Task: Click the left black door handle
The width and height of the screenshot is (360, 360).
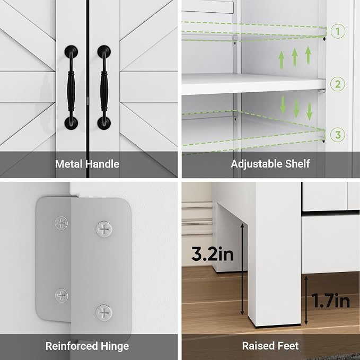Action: tap(71, 87)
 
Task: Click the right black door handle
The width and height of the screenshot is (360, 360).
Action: tap(104, 87)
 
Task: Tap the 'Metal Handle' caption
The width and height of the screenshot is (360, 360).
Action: tap(87, 164)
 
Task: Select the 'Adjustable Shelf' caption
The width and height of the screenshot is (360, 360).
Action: tap(270, 164)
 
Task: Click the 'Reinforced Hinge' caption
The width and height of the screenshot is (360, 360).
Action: tap(87, 346)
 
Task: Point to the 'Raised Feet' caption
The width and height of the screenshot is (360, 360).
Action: tap(270, 346)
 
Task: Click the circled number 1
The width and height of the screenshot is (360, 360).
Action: tap(338, 31)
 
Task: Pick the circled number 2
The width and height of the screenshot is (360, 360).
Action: tap(338, 84)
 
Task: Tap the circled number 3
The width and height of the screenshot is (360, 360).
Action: tap(338, 135)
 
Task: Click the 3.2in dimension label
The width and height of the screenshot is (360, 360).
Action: tap(213, 254)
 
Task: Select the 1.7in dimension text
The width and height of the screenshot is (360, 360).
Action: tap(331, 301)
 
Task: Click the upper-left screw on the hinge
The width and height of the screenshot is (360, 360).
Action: tap(62, 223)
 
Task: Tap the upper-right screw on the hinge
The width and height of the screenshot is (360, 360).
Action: tap(104, 229)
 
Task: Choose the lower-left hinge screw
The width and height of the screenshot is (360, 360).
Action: tap(62, 295)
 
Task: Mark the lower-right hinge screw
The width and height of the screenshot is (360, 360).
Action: tap(104, 313)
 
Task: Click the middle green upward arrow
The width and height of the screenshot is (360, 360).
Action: tap(295, 57)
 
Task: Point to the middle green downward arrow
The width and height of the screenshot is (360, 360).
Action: tap(296, 109)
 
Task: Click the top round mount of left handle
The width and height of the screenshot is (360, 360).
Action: tap(71, 51)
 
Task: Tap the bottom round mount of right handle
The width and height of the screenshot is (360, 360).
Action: tap(104, 123)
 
